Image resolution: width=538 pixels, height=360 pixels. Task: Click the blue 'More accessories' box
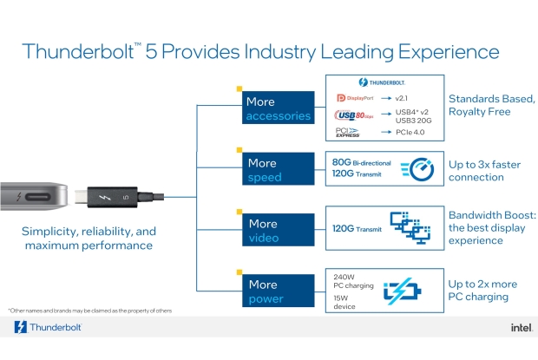click(x=277, y=108)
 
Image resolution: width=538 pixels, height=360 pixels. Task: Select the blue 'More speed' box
click(x=277, y=170)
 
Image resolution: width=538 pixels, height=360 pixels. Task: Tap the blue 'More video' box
click(x=277, y=231)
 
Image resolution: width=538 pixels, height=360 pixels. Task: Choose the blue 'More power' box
click(x=277, y=291)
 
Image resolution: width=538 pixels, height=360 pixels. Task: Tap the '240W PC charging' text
click(x=351, y=281)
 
